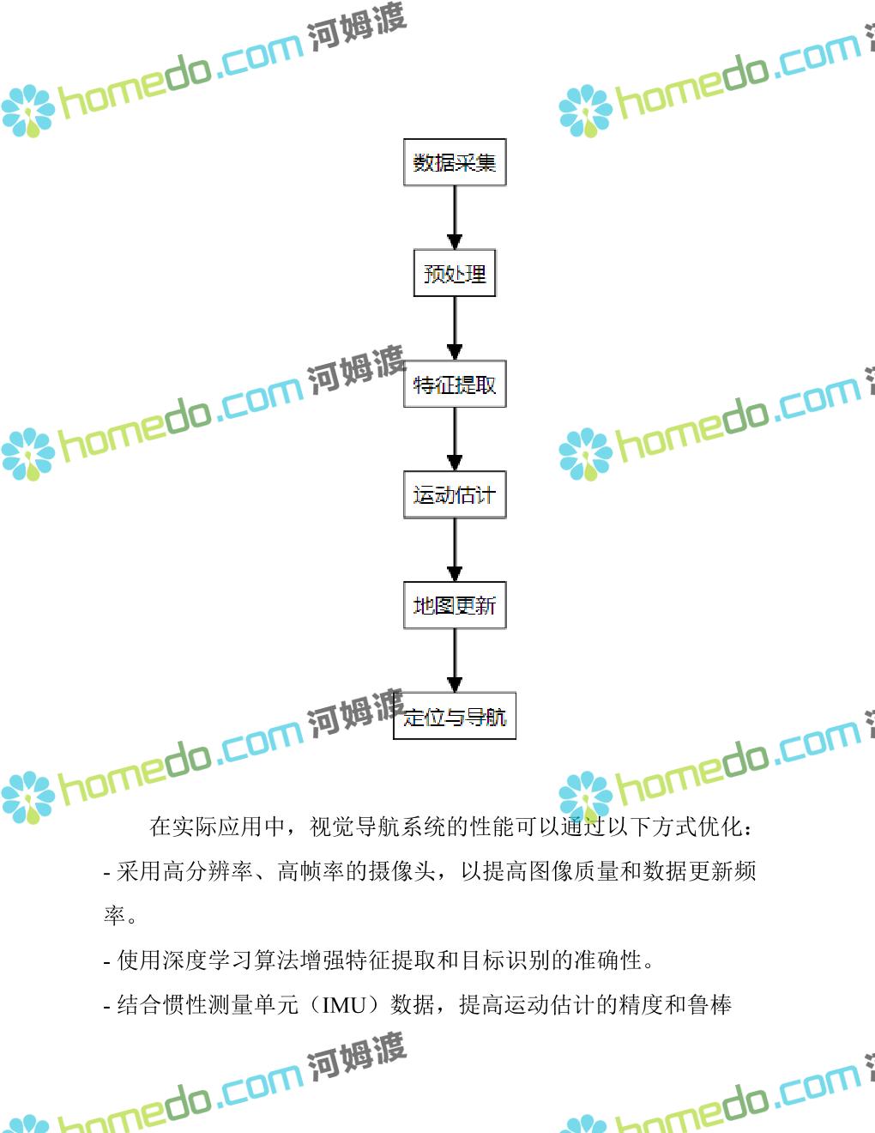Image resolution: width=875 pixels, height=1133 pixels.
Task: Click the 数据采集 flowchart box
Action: pos(455,162)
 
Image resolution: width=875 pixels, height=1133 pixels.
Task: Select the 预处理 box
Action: pos(455,274)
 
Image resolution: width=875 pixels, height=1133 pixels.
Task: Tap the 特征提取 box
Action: pos(455,385)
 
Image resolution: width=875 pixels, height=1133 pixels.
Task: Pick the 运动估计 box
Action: pos(455,495)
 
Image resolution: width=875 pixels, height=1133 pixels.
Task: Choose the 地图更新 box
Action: pos(455,606)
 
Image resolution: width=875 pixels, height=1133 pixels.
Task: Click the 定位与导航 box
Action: pos(455,717)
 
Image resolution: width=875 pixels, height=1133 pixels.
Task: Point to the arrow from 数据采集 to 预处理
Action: pos(455,217)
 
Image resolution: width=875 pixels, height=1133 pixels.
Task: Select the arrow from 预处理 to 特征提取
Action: pos(455,328)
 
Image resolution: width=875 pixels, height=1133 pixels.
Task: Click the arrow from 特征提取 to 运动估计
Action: pos(455,439)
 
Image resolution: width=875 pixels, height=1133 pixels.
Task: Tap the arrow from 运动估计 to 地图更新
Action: pos(455,549)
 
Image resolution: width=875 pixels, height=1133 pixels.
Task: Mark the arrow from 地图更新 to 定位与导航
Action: pos(455,660)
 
